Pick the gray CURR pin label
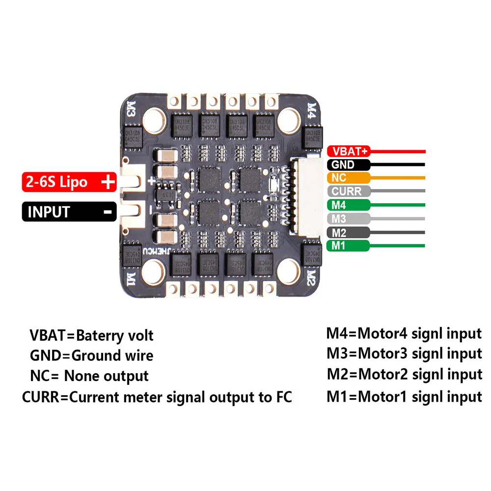[x=347, y=191]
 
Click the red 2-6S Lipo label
[x=69, y=182]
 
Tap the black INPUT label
[x=69, y=212]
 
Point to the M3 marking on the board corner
[x=131, y=109]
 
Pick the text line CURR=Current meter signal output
[x=157, y=397]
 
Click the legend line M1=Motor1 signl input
[x=404, y=396]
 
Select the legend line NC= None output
[x=89, y=376]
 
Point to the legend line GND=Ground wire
[x=91, y=355]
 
